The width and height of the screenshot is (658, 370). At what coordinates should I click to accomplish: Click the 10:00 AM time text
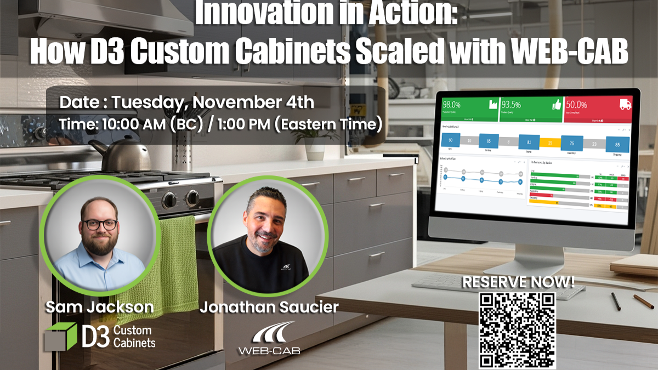tap(130, 124)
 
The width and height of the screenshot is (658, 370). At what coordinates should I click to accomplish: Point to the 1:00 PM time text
tap(240, 124)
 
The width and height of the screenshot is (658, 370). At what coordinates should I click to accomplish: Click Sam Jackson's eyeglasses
tap(99, 224)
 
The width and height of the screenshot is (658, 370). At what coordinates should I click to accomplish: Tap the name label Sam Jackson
tap(100, 307)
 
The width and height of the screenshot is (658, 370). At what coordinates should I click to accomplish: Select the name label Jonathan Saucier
tap(269, 307)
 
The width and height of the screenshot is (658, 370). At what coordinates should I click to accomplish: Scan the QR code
tap(517, 330)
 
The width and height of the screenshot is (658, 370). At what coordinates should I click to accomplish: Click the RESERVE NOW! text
tap(518, 283)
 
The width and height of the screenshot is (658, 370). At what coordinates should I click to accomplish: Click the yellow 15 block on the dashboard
tap(550, 143)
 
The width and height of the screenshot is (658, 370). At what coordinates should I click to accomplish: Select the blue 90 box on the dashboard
tap(450, 141)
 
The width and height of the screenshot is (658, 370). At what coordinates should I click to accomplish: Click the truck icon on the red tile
tap(625, 104)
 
